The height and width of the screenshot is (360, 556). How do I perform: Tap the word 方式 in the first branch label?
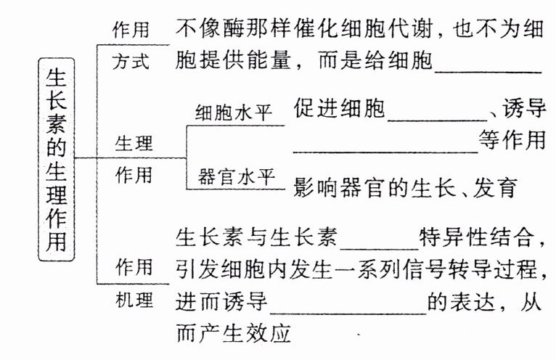pyautogui.click(x=131, y=61)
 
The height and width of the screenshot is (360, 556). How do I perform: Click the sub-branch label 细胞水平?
pyautogui.click(x=233, y=113)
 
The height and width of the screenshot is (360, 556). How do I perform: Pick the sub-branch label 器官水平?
pyautogui.click(x=233, y=175)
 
